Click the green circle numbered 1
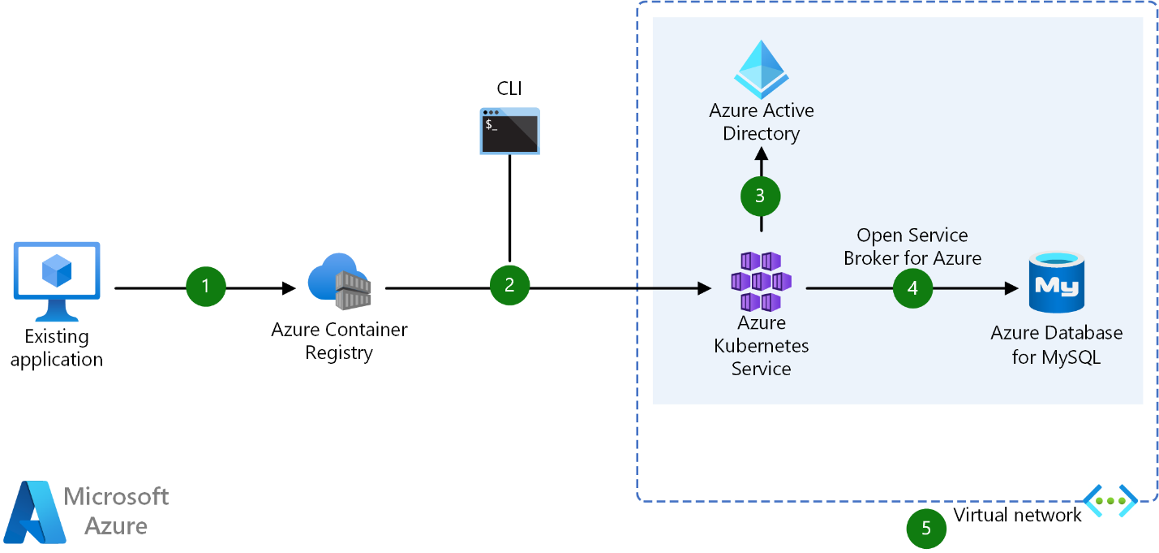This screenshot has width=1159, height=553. pyautogui.click(x=205, y=287)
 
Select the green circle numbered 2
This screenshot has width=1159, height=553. pyautogui.click(x=509, y=285)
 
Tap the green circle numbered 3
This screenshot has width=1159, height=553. pyautogui.click(x=761, y=196)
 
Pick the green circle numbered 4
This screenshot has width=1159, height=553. pyautogui.click(x=913, y=288)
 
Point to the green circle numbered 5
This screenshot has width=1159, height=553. pyautogui.click(x=926, y=529)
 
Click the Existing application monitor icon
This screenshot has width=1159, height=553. pyautogui.click(x=57, y=280)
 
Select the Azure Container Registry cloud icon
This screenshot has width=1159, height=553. pyautogui.click(x=339, y=281)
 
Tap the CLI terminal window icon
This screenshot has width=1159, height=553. pyautogui.click(x=509, y=131)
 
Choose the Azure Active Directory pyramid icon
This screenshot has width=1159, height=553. pyautogui.click(x=761, y=69)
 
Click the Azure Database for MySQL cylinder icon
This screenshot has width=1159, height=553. pyautogui.click(x=1057, y=282)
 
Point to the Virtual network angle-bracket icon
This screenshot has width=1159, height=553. pyautogui.click(x=1110, y=500)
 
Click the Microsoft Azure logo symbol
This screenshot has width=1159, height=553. pyautogui.click(x=35, y=512)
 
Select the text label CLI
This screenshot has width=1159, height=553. pyautogui.click(x=509, y=89)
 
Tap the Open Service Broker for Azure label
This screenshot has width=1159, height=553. pyautogui.click(x=912, y=247)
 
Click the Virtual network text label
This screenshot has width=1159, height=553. pyautogui.click(x=1017, y=515)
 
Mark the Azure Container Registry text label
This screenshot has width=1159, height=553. pyautogui.click(x=339, y=341)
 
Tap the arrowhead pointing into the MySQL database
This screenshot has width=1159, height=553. pyautogui.click(x=1011, y=288)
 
